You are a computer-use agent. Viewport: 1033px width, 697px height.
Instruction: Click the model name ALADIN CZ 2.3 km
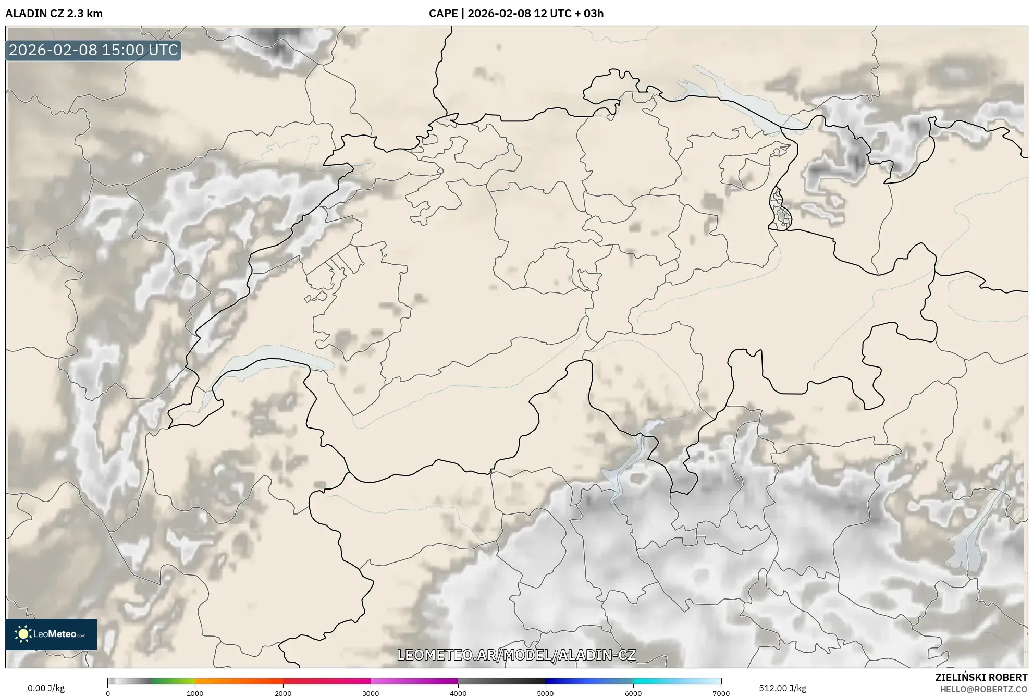54,14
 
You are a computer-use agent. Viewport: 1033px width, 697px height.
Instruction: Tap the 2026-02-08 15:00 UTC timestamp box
93,50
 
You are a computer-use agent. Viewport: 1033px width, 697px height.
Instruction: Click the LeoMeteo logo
51,634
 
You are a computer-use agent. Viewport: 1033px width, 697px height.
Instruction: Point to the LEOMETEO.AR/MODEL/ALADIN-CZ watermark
516,655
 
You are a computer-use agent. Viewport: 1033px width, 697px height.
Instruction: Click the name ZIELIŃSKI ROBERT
981,677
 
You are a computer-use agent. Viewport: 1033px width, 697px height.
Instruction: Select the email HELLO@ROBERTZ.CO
983,689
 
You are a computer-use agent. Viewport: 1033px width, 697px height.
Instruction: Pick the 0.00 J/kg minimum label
46,688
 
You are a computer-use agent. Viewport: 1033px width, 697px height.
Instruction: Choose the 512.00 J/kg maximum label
782,688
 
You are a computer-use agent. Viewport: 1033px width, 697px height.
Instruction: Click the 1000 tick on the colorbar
195,693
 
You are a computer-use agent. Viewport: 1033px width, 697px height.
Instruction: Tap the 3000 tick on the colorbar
371,693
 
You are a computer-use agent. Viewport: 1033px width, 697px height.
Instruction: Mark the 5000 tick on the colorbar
545,693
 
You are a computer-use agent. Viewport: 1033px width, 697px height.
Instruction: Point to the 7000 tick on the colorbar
721,693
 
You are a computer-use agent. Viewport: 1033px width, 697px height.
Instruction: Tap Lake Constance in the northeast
740,99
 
